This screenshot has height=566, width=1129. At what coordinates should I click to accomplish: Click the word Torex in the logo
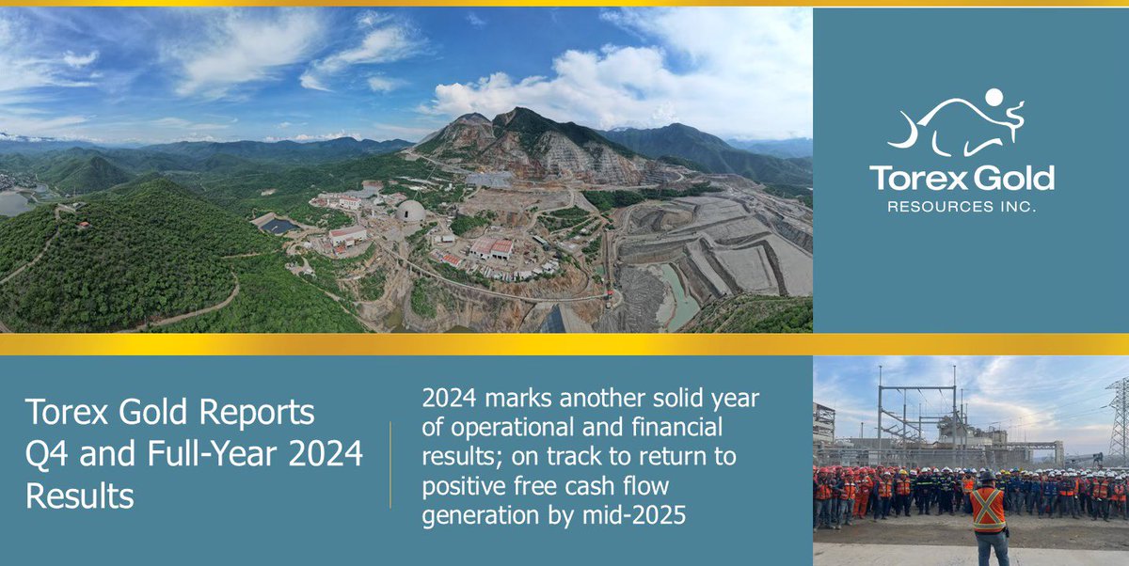click(909, 178)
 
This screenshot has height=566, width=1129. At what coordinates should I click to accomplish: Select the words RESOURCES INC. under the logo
click(962, 207)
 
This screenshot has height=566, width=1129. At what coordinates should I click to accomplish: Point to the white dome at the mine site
click(409, 211)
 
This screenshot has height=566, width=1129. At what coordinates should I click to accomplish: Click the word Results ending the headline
click(80, 495)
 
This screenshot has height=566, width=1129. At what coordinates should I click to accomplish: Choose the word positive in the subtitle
click(463, 488)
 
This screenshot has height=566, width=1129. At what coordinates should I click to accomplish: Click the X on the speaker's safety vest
click(988, 509)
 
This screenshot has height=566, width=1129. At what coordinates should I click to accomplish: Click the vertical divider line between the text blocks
click(390, 464)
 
